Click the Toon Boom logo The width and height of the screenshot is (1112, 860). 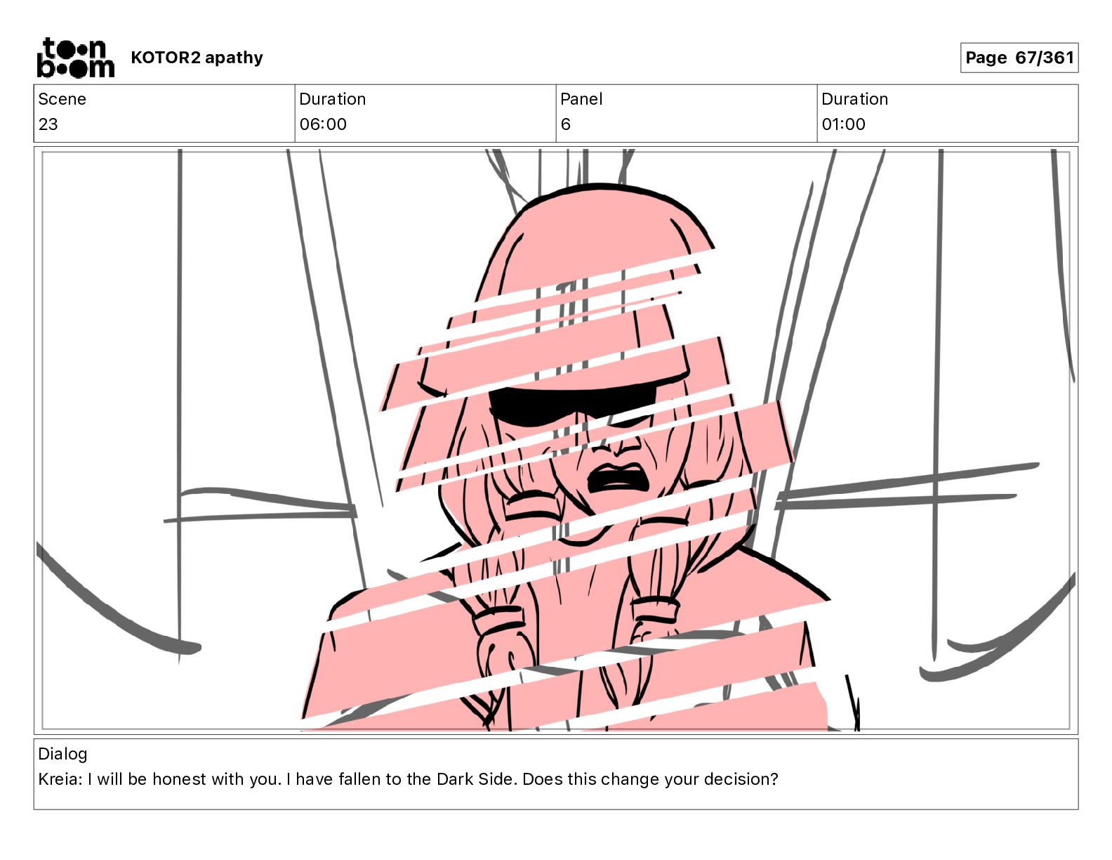[x=76, y=58]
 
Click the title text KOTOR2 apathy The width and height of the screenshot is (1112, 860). [x=197, y=58]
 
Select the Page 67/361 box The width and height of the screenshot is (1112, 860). [x=1019, y=58]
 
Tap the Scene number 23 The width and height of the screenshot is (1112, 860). [x=48, y=124]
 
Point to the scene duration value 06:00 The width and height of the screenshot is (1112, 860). [x=323, y=124]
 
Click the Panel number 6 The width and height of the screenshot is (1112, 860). [x=565, y=124]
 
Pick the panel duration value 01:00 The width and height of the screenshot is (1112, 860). [x=843, y=124]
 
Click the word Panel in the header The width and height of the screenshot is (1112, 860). [x=581, y=99]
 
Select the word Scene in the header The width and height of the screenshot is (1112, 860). [x=62, y=99]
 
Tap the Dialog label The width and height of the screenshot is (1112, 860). [x=62, y=754]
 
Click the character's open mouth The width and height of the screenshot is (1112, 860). [x=617, y=478]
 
